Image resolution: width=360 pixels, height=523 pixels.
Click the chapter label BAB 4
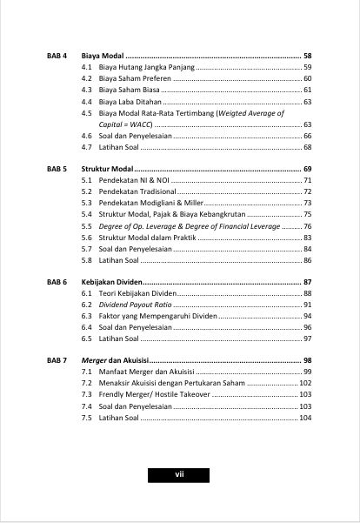57,55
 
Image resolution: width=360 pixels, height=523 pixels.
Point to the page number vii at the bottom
179,474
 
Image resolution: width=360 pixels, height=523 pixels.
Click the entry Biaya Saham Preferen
135,78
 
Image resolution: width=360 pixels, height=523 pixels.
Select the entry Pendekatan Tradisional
137,191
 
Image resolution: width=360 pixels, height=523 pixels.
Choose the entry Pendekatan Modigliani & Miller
150,202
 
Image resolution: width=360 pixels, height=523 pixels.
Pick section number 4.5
87,113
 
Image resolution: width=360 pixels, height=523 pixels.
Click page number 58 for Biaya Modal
307,55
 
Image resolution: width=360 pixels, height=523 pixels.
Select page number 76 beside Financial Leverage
307,225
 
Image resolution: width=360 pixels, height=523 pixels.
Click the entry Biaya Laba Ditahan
130,102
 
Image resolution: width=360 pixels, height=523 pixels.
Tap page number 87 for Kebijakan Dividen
307,282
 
